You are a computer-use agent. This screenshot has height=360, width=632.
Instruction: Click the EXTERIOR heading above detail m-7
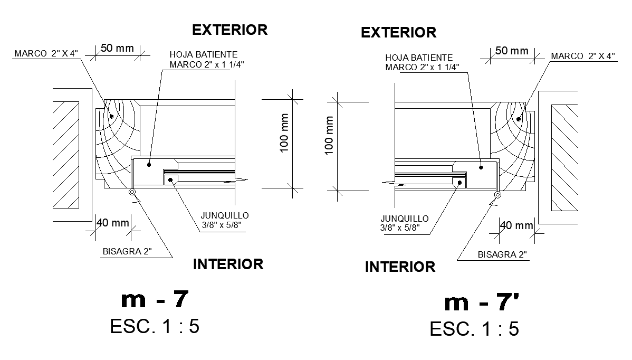click(x=229, y=30)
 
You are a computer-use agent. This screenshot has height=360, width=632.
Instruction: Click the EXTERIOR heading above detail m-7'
click(x=398, y=33)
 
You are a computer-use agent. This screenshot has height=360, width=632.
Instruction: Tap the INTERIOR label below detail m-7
click(x=228, y=264)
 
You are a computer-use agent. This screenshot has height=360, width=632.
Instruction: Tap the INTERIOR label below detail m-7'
click(x=400, y=267)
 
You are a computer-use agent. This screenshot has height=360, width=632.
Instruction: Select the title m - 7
click(x=154, y=299)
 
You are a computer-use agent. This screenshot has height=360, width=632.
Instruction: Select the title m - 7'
click(x=482, y=302)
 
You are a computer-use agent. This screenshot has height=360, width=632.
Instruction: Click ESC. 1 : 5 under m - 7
click(x=155, y=326)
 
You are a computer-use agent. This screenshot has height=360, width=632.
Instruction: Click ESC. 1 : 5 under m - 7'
click(x=474, y=329)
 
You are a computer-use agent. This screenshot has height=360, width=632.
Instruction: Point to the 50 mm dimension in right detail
click(x=511, y=51)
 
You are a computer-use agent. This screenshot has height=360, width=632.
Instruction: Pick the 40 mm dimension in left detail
click(x=112, y=223)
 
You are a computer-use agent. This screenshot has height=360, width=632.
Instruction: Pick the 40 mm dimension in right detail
click(x=516, y=225)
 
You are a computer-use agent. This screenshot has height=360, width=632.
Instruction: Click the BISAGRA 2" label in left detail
click(x=127, y=251)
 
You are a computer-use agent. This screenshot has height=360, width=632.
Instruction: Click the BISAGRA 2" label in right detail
click(x=502, y=254)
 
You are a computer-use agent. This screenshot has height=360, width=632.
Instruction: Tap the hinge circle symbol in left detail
click(x=132, y=193)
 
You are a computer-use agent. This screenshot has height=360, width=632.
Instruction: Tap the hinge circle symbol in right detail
click(x=497, y=195)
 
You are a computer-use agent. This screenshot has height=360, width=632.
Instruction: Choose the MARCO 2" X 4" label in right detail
click(x=583, y=56)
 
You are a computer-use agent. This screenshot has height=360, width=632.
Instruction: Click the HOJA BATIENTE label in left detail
click(x=203, y=54)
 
